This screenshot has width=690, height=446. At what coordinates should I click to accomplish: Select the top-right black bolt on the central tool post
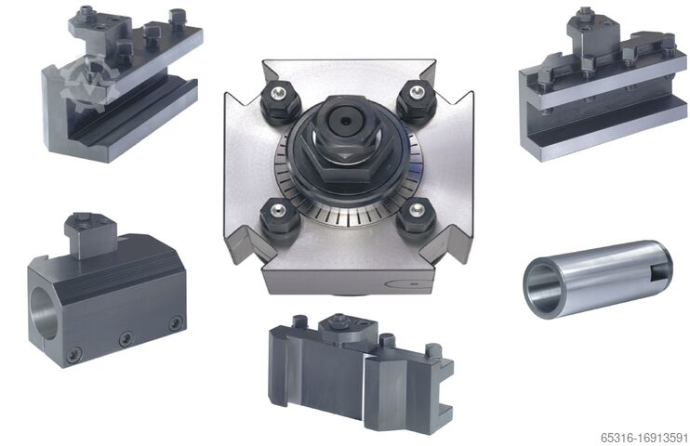pos(416,100)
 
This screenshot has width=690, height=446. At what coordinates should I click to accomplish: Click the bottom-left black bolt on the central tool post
pos(279,216)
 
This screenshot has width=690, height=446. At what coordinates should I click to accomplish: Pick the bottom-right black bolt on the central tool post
pos(416,218)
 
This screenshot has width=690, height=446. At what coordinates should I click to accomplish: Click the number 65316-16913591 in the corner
pos(644,438)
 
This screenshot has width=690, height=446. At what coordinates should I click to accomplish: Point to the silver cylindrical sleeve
pos(597,278)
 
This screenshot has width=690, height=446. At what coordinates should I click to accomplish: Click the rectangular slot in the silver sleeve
pos(657,269)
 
